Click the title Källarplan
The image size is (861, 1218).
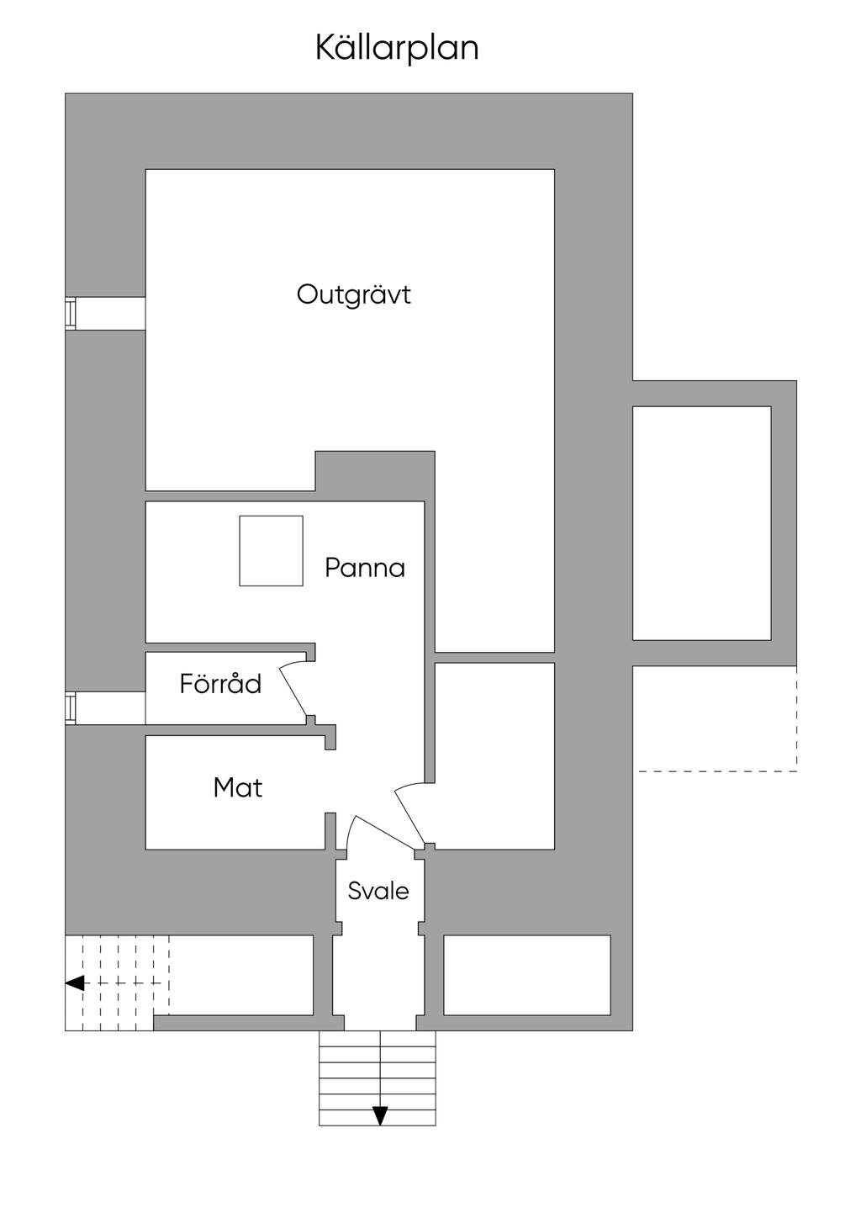(x=397, y=49)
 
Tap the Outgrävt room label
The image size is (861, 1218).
(x=354, y=294)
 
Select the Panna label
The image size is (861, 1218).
(x=365, y=569)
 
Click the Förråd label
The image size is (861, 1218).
(x=220, y=684)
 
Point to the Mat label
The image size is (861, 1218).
(x=238, y=787)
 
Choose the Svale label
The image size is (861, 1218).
(x=378, y=891)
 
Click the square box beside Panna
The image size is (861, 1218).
(x=272, y=551)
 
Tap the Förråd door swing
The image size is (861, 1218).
(x=294, y=691)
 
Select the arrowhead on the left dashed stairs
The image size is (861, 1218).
(x=75, y=983)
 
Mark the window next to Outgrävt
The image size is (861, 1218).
(x=70, y=314)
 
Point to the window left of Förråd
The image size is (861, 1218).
(x=70, y=708)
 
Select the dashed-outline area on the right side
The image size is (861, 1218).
(x=715, y=718)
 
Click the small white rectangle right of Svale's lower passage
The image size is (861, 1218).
(x=527, y=975)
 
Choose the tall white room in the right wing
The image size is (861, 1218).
(x=702, y=523)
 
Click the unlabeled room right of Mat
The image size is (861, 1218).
(x=494, y=756)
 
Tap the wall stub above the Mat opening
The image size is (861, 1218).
(x=330, y=737)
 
